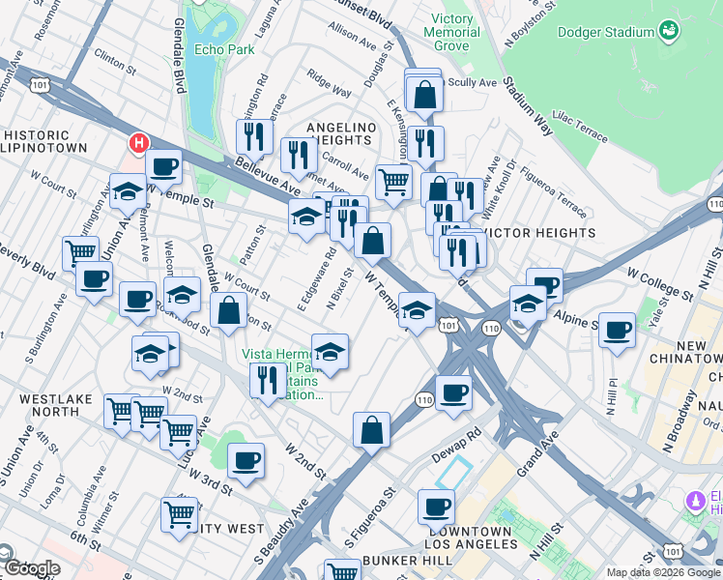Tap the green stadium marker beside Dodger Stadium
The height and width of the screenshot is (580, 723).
[x=670, y=33]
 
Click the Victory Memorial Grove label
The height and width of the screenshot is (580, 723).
[x=444, y=32]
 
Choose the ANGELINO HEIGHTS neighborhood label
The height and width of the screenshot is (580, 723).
[x=340, y=134]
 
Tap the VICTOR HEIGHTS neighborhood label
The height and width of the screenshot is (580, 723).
[x=540, y=233]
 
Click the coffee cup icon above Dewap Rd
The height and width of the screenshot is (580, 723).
[x=453, y=392]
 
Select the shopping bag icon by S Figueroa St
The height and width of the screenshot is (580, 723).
[x=371, y=430]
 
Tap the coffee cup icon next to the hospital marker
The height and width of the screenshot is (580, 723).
[x=164, y=166]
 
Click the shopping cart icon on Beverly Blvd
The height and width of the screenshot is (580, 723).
[x=80, y=253]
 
